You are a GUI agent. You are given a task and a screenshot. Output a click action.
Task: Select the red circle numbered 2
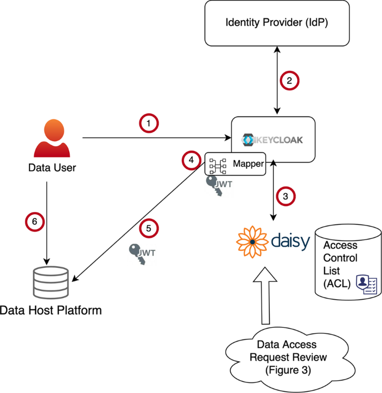(289, 80)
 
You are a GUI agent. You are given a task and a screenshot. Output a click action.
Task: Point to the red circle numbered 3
(286, 196)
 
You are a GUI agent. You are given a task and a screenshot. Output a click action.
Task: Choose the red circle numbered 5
(149, 229)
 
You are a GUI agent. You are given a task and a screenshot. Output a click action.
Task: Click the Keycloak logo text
(273, 140)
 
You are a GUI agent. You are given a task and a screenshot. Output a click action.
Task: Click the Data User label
(51, 167)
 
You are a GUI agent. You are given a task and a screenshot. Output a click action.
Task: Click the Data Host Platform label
(51, 310)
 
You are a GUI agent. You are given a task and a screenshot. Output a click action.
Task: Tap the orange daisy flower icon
(252, 241)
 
